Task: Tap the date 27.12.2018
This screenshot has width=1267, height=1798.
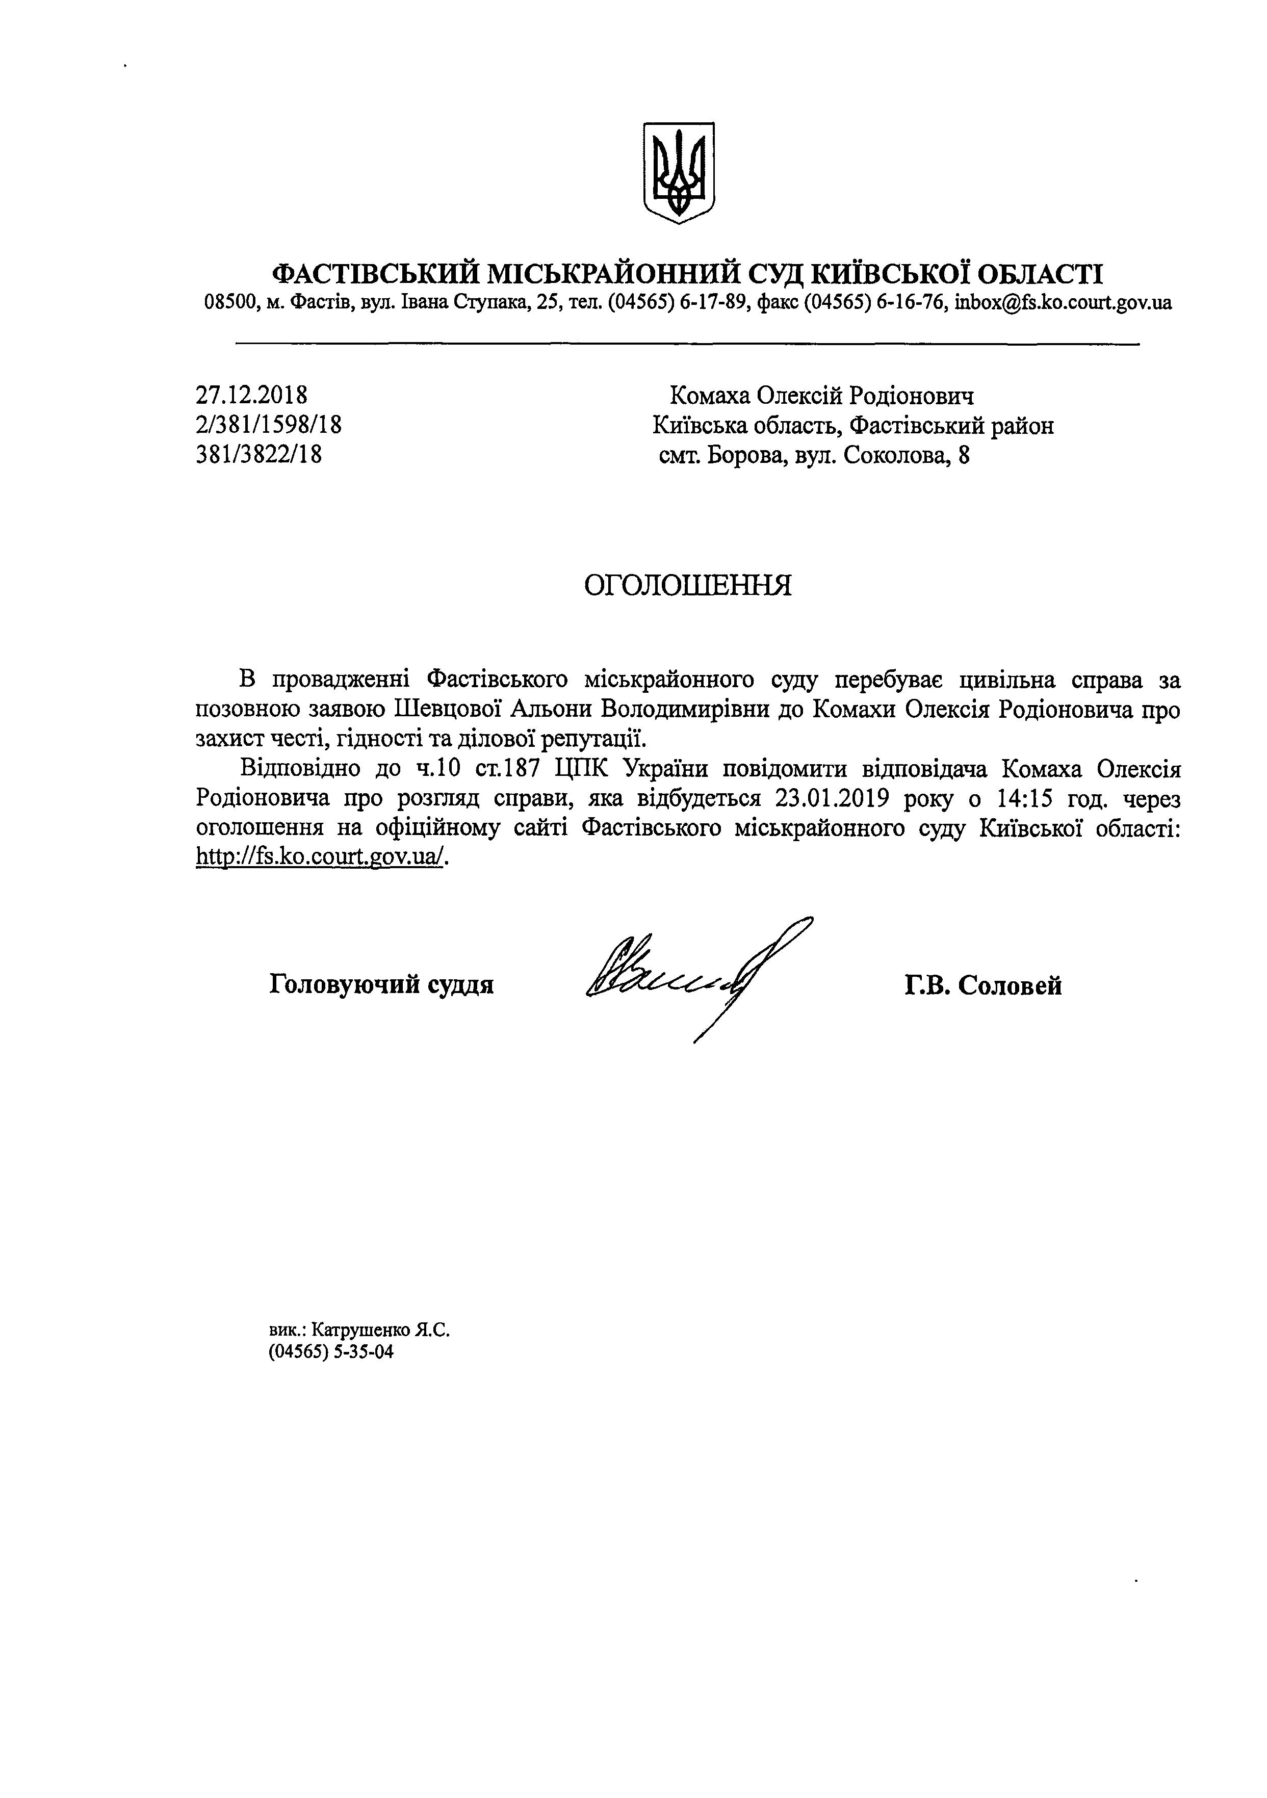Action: click(x=251, y=395)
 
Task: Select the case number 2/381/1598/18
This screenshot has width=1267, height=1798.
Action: click(x=269, y=425)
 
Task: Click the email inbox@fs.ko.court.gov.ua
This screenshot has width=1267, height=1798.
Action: click(x=1064, y=302)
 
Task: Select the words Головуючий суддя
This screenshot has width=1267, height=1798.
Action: click(x=381, y=984)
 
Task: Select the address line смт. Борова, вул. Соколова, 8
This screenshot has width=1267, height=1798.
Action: click(x=814, y=455)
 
